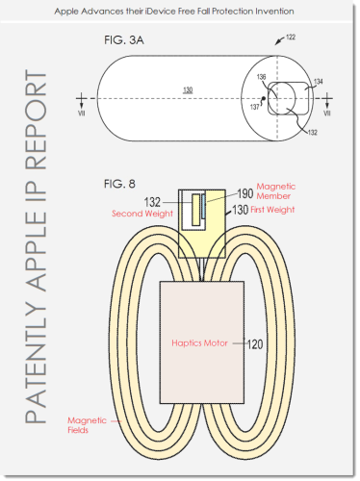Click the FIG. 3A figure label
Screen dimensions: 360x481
(x=124, y=40)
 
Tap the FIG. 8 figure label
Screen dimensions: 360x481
(x=119, y=184)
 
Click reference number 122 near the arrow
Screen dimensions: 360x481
(x=291, y=38)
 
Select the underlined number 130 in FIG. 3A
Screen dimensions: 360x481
(x=188, y=89)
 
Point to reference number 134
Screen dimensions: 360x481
(x=318, y=82)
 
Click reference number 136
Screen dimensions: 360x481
(x=262, y=77)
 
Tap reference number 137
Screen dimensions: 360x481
(x=255, y=107)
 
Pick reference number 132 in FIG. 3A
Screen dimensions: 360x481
(x=313, y=133)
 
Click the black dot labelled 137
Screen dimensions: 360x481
(x=264, y=98)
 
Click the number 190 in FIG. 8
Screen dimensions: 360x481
(x=245, y=193)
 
